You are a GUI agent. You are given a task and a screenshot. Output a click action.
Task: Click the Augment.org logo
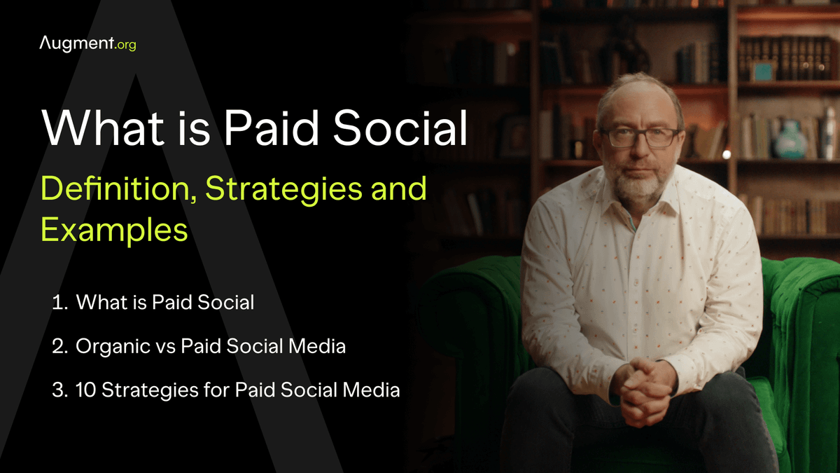point(87,45)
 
